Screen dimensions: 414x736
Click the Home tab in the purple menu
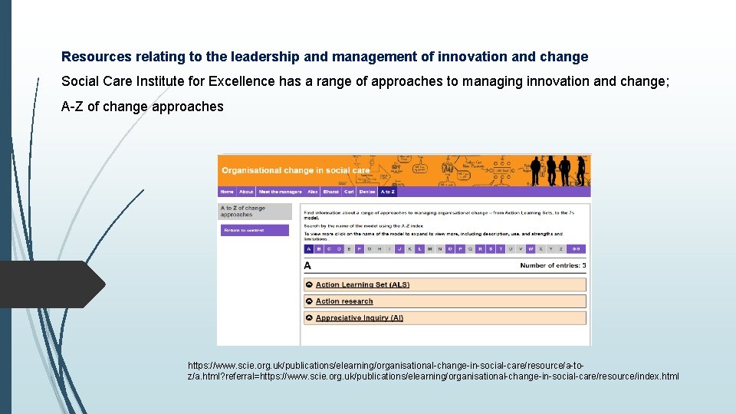click(227, 192)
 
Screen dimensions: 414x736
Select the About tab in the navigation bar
click(246, 192)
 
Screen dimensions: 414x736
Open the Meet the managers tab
click(279, 192)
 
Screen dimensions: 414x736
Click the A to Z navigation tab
click(388, 192)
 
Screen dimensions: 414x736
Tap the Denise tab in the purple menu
click(367, 192)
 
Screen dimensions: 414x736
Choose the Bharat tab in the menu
click(331, 192)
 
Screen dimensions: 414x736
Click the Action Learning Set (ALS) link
click(362, 284)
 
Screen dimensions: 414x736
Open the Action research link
click(343, 301)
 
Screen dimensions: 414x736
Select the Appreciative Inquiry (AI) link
click(359, 318)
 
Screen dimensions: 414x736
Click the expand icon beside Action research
click(309, 301)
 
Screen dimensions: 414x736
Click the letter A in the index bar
click(309, 248)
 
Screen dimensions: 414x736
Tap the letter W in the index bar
click(531, 248)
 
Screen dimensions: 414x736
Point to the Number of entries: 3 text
click(553, 265)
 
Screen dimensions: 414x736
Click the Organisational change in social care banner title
click(295, 170)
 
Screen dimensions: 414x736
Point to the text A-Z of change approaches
click(142, 107)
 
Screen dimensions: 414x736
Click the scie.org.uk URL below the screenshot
click(433, 370)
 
